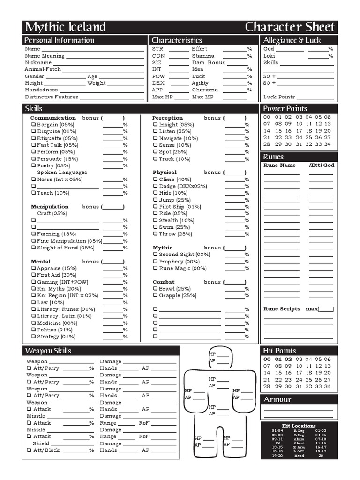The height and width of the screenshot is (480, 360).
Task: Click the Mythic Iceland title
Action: click(x=65, y=27)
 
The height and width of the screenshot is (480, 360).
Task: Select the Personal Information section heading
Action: click(x=59, y=40)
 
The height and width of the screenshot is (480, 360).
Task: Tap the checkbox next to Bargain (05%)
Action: click(x=34, y=125)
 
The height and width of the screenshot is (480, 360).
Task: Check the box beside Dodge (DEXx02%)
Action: click(x=155, y=186)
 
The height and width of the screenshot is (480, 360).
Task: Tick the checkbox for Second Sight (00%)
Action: click(x=155, y=255)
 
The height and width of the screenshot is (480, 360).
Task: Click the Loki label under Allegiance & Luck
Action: click(x=269, y=56)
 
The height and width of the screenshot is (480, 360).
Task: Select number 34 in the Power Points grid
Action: click(x=327, y=144)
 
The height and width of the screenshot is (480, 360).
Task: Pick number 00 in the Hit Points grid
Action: click(x=267, y=360)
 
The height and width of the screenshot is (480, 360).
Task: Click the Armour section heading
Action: click(x=277, y=399)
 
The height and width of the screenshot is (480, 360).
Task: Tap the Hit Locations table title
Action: click(x=299, y=426)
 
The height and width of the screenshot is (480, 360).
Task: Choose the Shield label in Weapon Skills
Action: click(x=41, y=443)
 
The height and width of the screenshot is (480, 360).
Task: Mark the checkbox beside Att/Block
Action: click(x=29, y=450)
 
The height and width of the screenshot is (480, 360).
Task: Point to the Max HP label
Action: click(x=163, y=97)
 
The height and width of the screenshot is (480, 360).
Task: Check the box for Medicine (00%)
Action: click(x=34, y=323)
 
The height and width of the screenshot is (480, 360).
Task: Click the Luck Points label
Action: click(x=279, y=97)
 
